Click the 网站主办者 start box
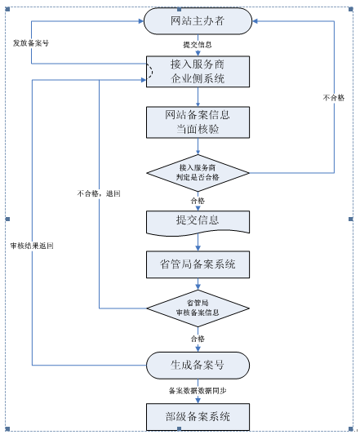tap(198, 21)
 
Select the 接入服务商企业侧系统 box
tap(198, 72)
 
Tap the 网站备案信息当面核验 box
tap(198, 122)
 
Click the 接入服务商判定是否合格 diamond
tap(198, 173)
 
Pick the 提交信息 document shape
tap(198, 223)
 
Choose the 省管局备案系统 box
tap(198, 264)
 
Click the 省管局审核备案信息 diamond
tap(198, 308)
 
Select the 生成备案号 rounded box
tap(198, 366)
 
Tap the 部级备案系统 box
tap(198, 417)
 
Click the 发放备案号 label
tap(31, 43)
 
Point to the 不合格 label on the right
tap(334, 98)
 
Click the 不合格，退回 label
tap(99, 193)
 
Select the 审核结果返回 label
tap(32, 246)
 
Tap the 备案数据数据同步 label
tap(198, 391)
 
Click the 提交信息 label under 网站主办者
tap(198, 45)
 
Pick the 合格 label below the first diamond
tap(198, 201)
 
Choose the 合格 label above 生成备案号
tap(198, 339)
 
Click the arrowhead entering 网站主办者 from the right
tap(255, 21)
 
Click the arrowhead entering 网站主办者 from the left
tap(141, 21)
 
